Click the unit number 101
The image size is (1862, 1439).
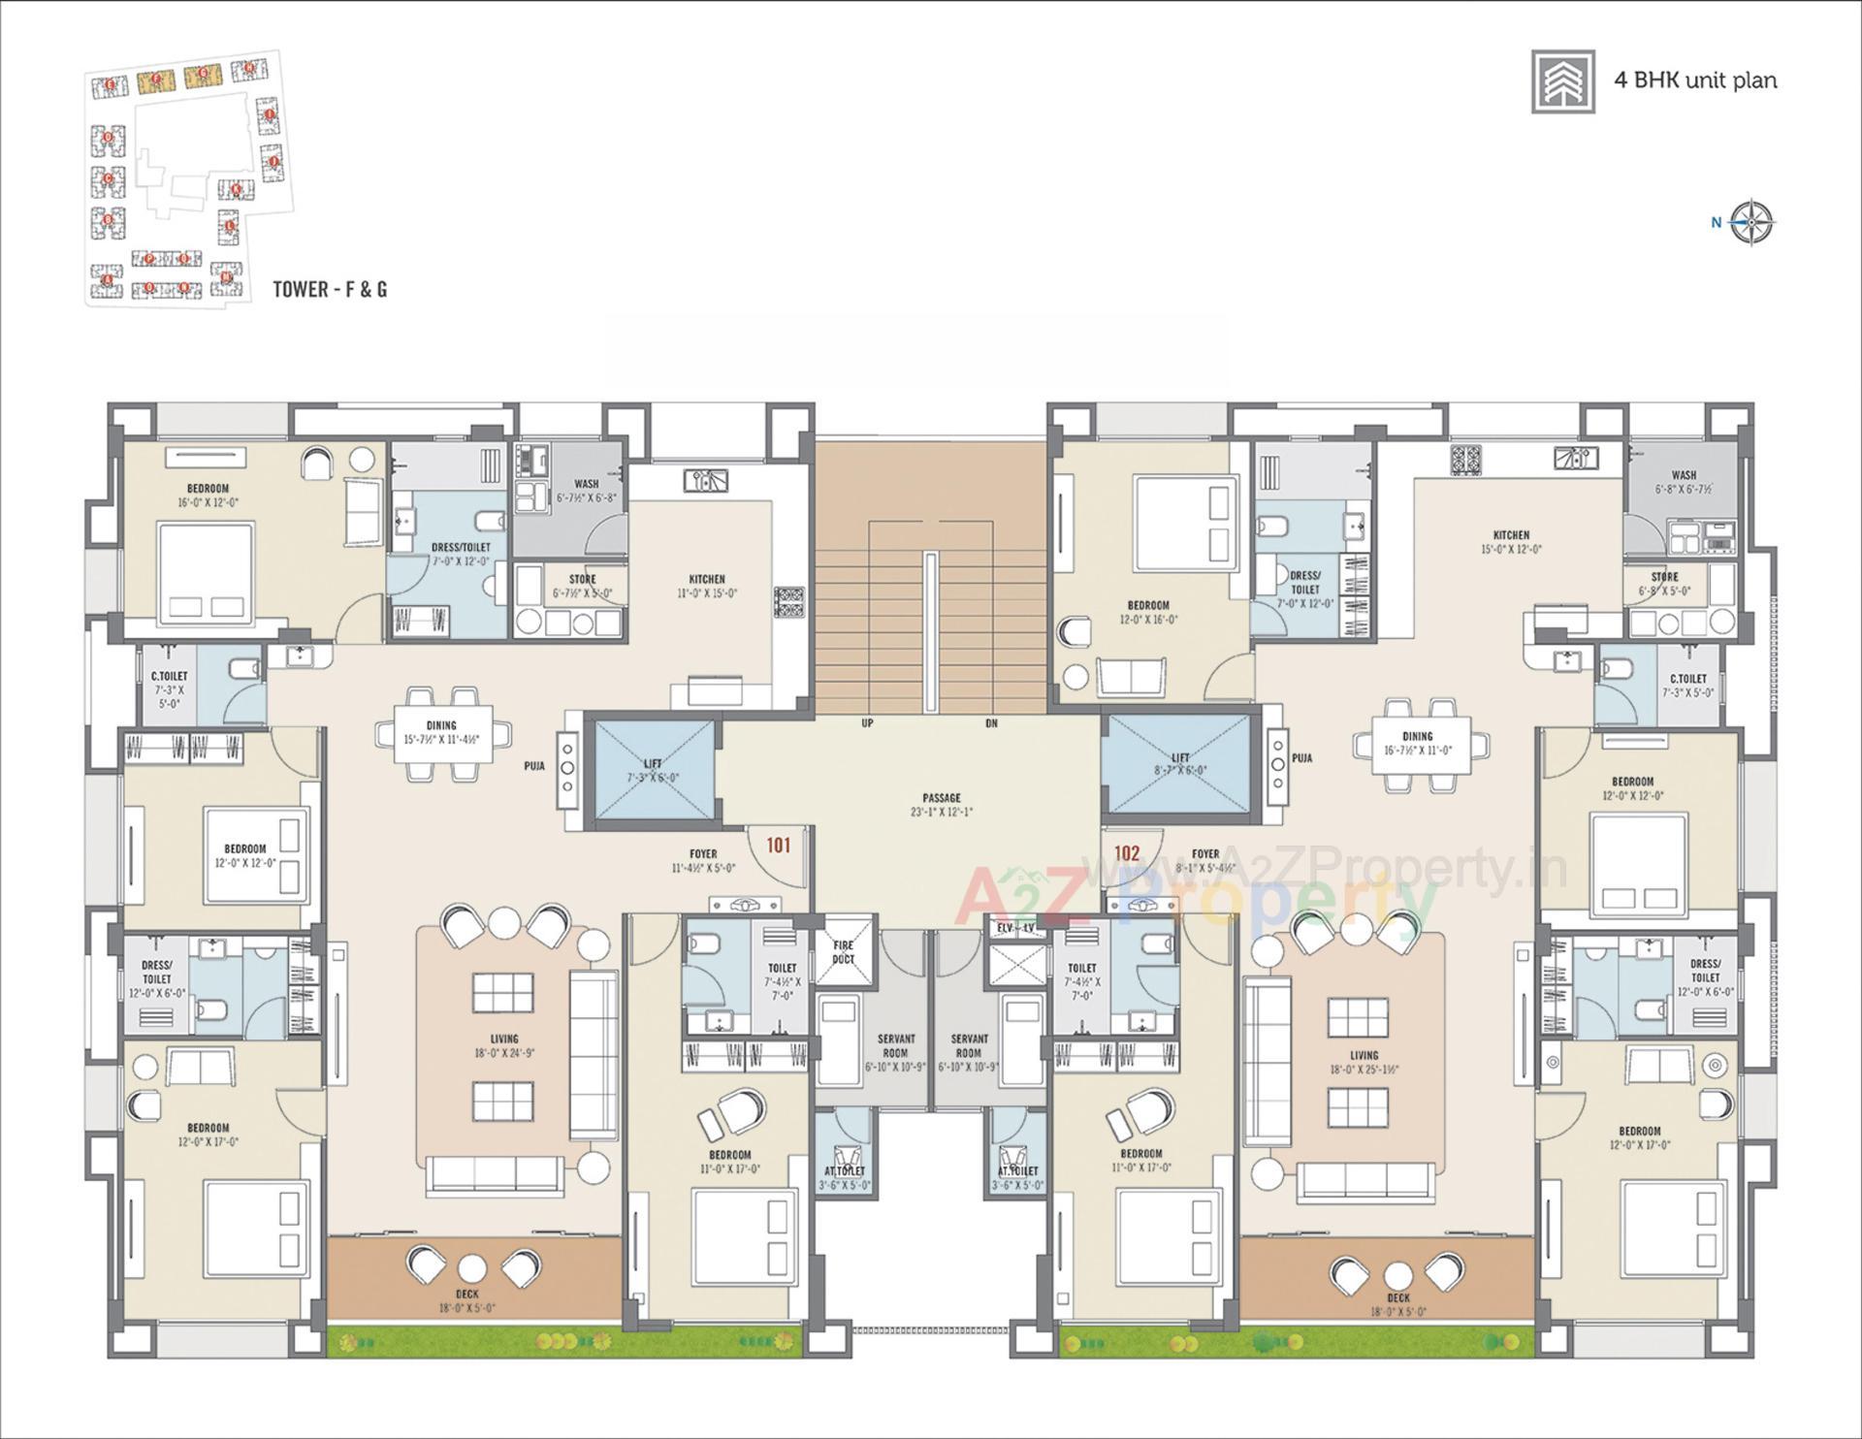click(x=779, y=846)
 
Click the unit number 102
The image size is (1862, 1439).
click(x=1127, y=853)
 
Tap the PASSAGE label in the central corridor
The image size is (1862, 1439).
click(x=941, y=798)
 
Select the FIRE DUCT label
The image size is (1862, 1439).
click(x=843, y=952)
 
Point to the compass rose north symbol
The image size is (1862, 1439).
click(x=1751, y=223)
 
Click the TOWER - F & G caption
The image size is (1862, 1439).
click(x=330, y=289)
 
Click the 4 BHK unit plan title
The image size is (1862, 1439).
click(x=1695, y=80)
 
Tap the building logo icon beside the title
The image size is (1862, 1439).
click(x=1563, y=81)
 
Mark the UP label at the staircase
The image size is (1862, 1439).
click(x=867, y=723)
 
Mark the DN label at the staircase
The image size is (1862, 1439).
click(x=991, y=723)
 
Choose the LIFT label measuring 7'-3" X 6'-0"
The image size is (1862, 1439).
click(x=653, y=764)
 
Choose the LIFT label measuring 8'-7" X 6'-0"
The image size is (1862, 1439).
click(x=1180, y=758)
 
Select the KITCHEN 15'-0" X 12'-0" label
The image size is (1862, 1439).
click(x=1511, y=535)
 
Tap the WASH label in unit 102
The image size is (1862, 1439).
click(x=1684, y=475)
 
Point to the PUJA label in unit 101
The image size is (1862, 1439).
click(x=534, y=766)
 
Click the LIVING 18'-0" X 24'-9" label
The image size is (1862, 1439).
click(x=504, y=1039)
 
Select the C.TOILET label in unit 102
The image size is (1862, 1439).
click(x=1687, y=679)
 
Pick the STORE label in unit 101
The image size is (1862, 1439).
click(x=582, y=579)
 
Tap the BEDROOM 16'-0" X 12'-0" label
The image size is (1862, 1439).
click(x=208, y=489)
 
